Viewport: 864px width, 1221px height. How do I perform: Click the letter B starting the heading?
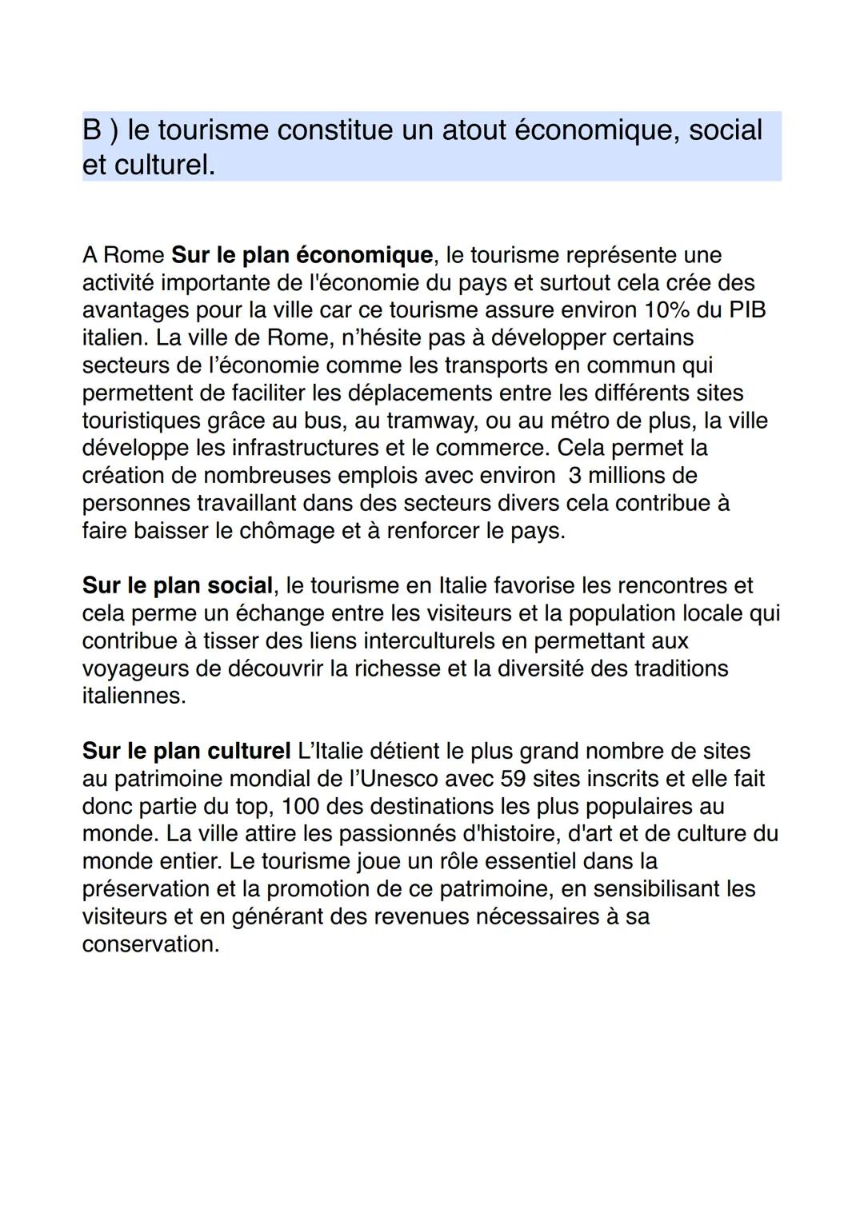pyautogui.click(x=93, y=130)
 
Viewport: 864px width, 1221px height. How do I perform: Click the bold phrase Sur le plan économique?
pyautogui.click(x=302, y=255)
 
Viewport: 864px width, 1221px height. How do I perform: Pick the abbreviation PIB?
pyautogui.click(x=746, y=310)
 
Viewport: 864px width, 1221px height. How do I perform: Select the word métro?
pyautogui.click(x=585, y=421)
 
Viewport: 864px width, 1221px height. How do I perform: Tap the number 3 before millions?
pyautogui.click(x=574, y=476)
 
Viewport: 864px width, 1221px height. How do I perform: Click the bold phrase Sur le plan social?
pyautogui.click(x=178, y=585)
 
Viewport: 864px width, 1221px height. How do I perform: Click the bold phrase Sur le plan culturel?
pyautogui.click(x=186, y=751)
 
